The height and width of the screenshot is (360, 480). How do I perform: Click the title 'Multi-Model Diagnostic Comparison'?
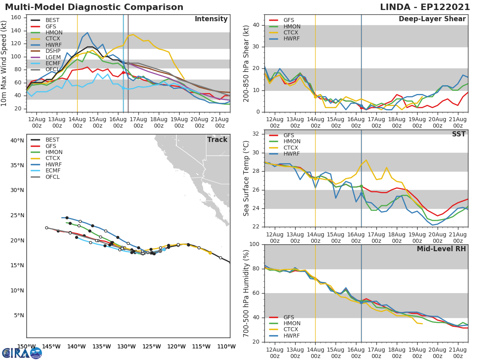pyautogui.click(x=94, y=7)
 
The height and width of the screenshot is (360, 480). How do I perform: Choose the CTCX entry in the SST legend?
pyautogui.click(x=292, y=148)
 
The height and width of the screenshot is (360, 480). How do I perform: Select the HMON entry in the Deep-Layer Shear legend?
pyautogui.click(x=292, y=26)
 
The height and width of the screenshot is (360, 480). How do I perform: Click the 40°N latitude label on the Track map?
pyautogui.click(x=17, y=140)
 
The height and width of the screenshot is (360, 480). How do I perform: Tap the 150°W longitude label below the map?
pyautogui.click(x=26, y=346)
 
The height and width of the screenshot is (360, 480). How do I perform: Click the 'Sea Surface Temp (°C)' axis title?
pyautogui.click(x=246, y=178)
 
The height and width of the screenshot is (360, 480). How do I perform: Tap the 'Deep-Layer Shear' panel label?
pyautogui.click(x=432, y=19)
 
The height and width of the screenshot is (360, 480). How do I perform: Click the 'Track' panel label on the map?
pyautogui.click(x=217, y=140)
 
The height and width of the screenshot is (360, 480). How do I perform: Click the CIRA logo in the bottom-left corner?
pyautogui.click(x=22, y=353)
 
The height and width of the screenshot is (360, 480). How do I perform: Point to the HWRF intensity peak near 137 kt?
pyautogui.click(x=87, y=33)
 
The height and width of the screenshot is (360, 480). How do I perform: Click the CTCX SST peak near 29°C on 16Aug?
pyautogui.click(x=366, y=160)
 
